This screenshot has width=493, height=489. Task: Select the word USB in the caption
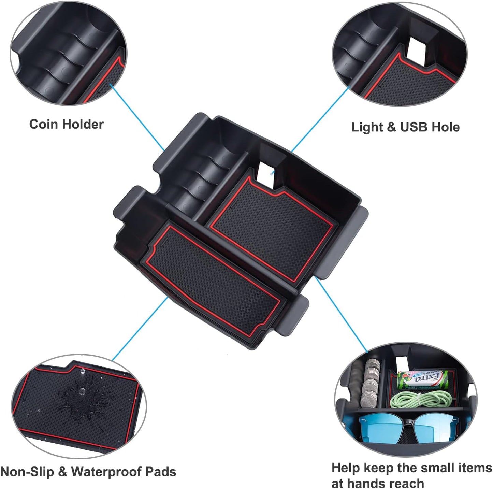point(414,127)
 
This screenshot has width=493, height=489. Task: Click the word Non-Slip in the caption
point(27,472)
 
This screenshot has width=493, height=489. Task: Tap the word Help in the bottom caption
point(345,468)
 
